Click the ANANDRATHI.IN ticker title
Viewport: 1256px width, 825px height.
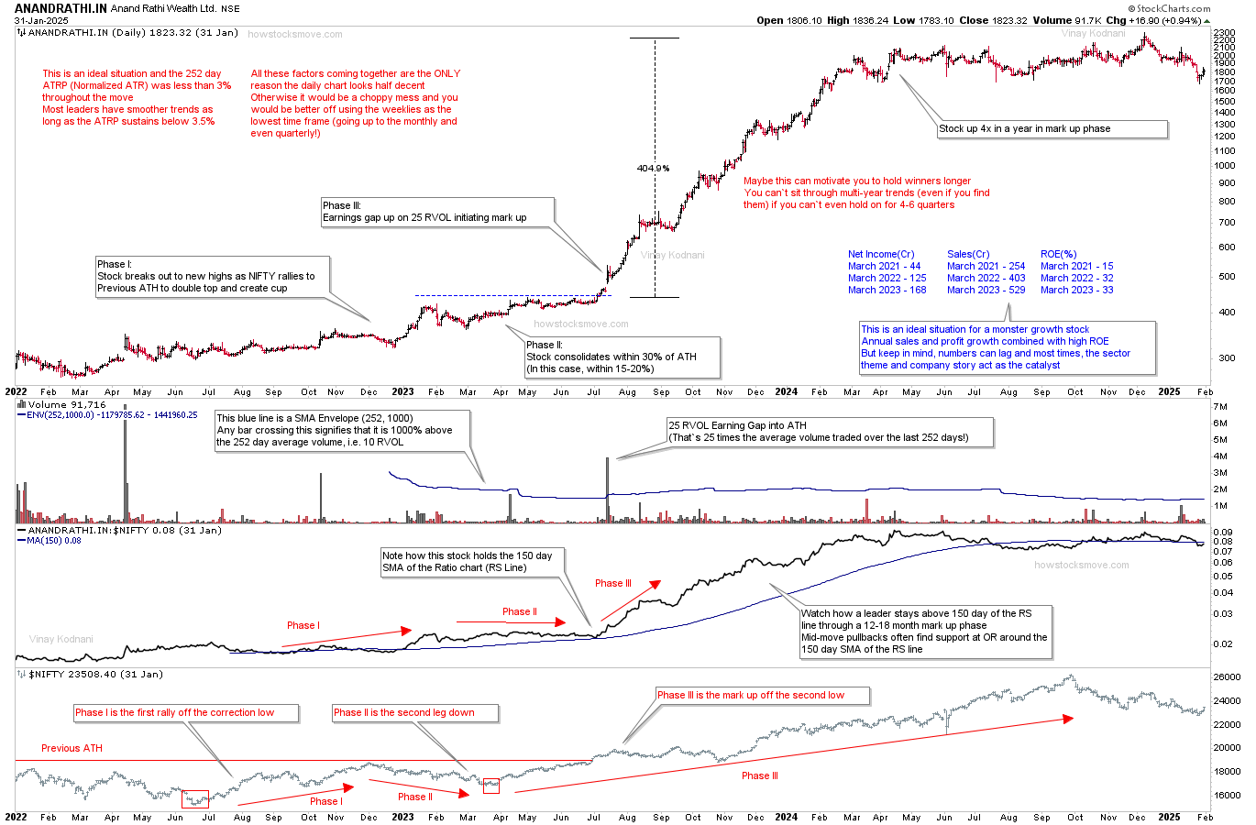[x=61, y=8]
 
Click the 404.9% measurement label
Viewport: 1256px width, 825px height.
[x=653, y=168]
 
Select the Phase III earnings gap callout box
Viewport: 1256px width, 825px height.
[x=438, y=212]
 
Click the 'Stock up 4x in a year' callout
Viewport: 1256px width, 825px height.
[x=1052, y=129]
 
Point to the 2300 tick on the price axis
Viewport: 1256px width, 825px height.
[x=1224, y=33]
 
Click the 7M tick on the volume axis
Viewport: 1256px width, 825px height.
[x=1219, y=406]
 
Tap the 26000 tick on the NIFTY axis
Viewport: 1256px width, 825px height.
[x=1226, y=677]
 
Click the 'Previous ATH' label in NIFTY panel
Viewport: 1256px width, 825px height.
[x=72, y=748]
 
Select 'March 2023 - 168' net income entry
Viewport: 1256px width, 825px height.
[x=887, y=290]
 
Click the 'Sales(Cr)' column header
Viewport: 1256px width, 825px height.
[x=968, y=254]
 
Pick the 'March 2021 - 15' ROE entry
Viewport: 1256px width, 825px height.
[x=1076, y=266]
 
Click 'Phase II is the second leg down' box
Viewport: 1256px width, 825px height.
[x=415, y=712]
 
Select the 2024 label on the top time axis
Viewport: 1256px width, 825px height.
[x=786, y=391]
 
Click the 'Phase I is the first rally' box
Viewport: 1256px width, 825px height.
[x=186, y=712]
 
